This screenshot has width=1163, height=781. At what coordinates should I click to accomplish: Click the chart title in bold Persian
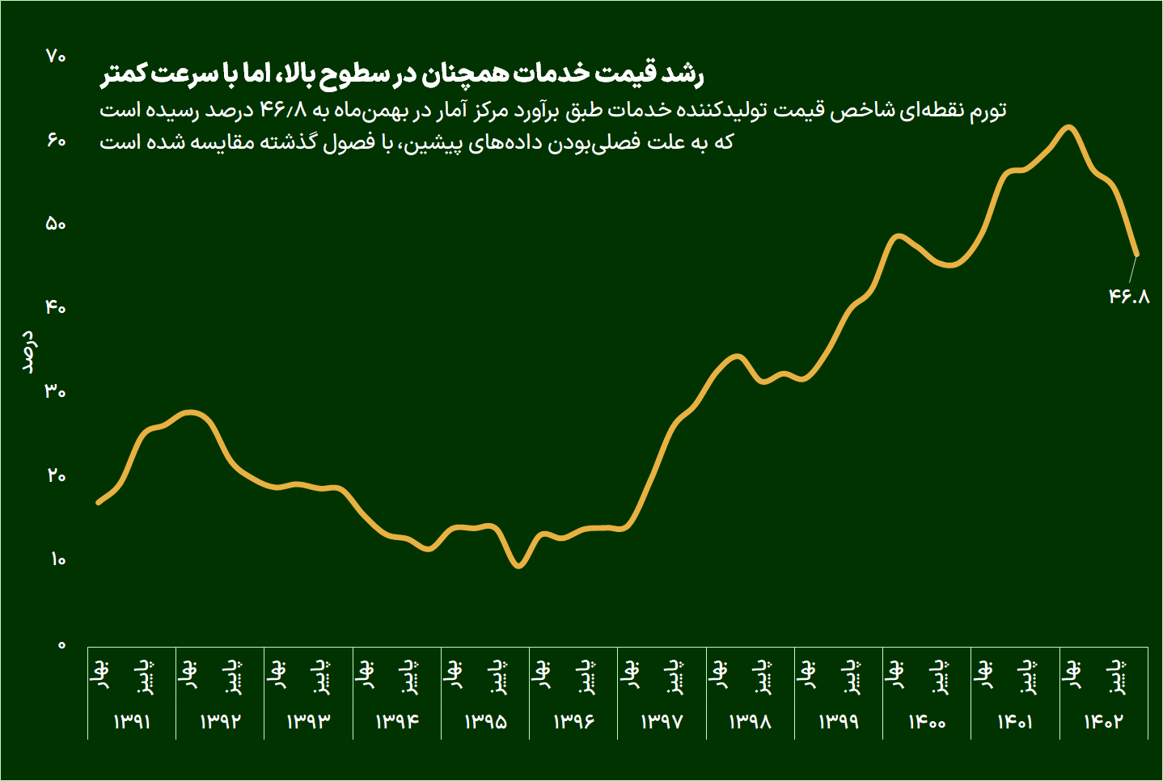[402, 74]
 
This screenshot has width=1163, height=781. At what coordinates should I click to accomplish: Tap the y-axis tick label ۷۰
[56, 57]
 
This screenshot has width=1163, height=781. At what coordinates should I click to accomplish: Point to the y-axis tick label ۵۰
[56, 225]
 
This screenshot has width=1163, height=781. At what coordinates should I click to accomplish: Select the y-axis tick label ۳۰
[56, 392]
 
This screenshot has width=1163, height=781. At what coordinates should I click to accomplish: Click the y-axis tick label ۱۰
[57, 559]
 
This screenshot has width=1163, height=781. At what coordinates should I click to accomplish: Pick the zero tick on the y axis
[61, 645]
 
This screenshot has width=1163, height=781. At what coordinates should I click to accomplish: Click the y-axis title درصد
[28, 351]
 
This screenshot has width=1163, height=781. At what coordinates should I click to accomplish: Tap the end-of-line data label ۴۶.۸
[1129, 297]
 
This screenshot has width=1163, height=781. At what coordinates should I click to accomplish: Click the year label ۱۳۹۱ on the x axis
[132, 721]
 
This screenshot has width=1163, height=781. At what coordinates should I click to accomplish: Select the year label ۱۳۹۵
[485, 721]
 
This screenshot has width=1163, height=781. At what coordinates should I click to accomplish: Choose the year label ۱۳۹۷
[662, 721]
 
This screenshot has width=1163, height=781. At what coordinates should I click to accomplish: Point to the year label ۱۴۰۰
[927, 721]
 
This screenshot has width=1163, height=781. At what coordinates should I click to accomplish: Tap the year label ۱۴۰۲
[1104, 721]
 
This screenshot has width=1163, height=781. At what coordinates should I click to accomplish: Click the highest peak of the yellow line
[1068, 127]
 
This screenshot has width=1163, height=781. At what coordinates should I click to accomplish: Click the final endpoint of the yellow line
[1136, 254]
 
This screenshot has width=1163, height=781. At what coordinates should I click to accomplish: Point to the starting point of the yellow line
[98, 503]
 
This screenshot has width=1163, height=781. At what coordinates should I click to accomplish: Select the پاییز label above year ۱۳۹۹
[851, 677]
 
